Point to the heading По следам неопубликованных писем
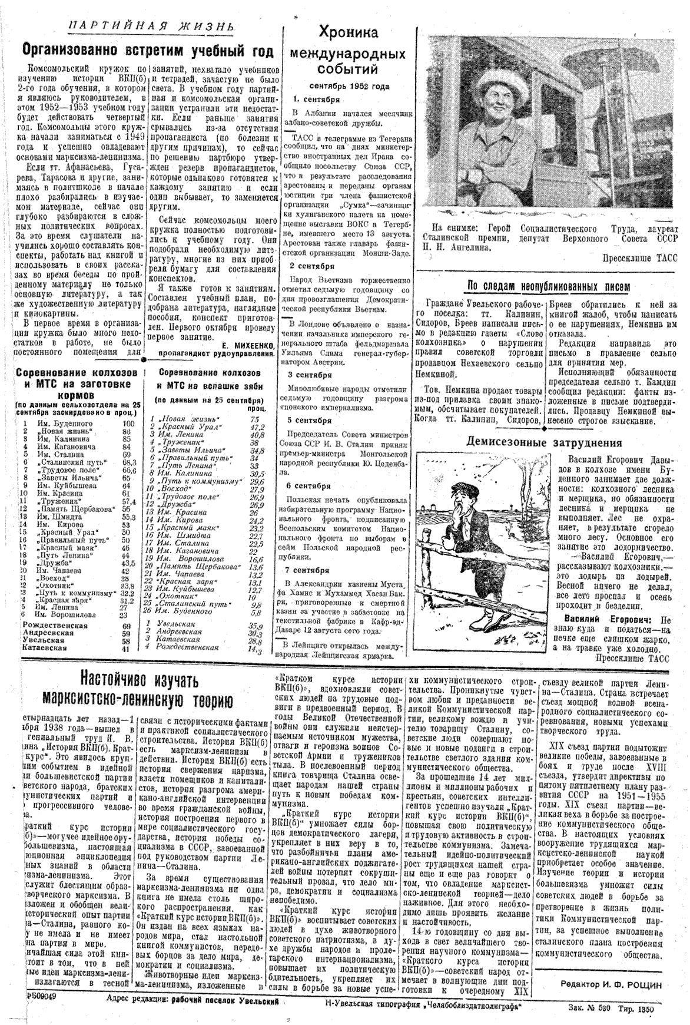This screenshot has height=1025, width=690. (x=548, y=286)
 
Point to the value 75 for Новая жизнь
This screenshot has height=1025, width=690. (x=254, y=419)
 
